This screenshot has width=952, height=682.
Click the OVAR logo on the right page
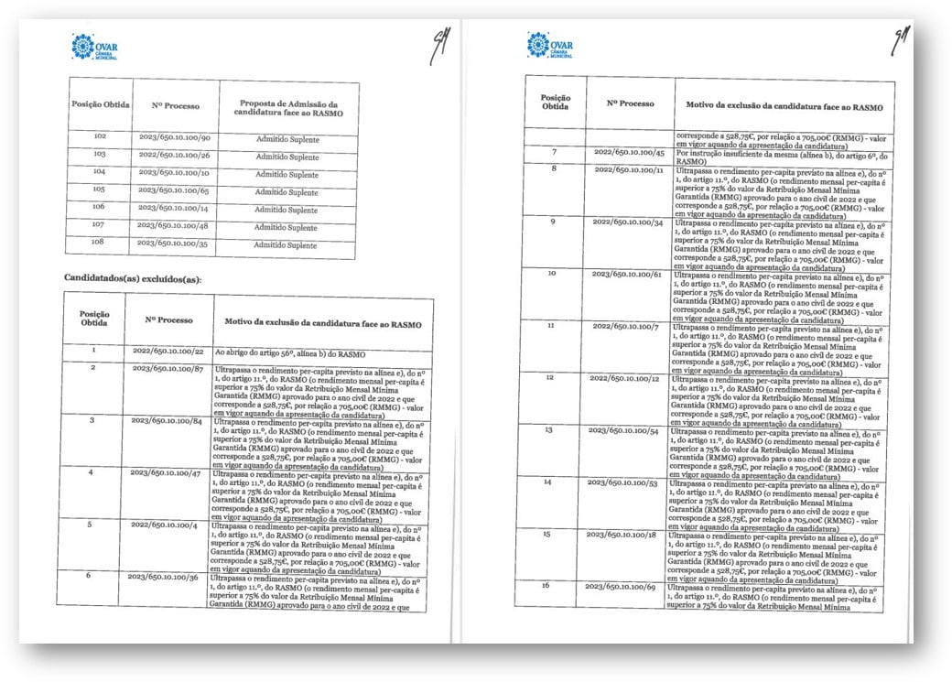(549, 45)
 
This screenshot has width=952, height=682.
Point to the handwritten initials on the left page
(438, 46)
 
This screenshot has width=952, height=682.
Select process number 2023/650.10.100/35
(174, 245)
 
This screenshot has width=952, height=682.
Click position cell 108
(99, 245)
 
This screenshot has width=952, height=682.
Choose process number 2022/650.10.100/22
(167, 352)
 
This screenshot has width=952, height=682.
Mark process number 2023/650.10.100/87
(167, 368)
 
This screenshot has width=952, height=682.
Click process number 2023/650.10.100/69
(622, 585)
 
